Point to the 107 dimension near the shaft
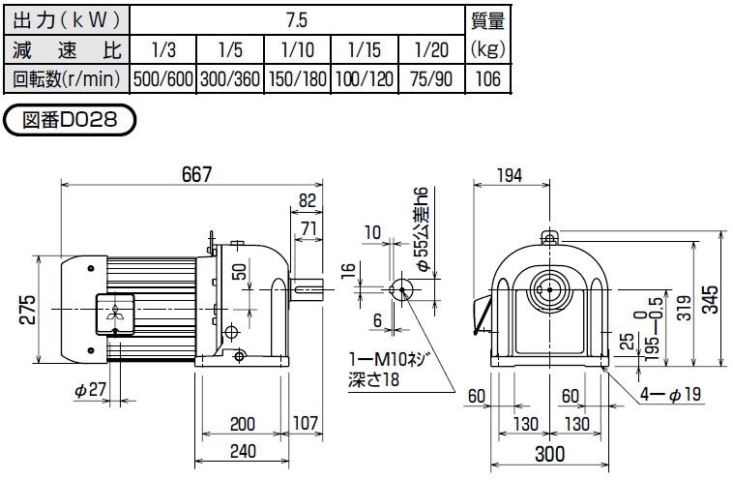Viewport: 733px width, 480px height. tap(306, 423)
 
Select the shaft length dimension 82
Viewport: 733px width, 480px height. tap(308, 200)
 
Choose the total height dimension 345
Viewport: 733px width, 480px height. tap(714, 299)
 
